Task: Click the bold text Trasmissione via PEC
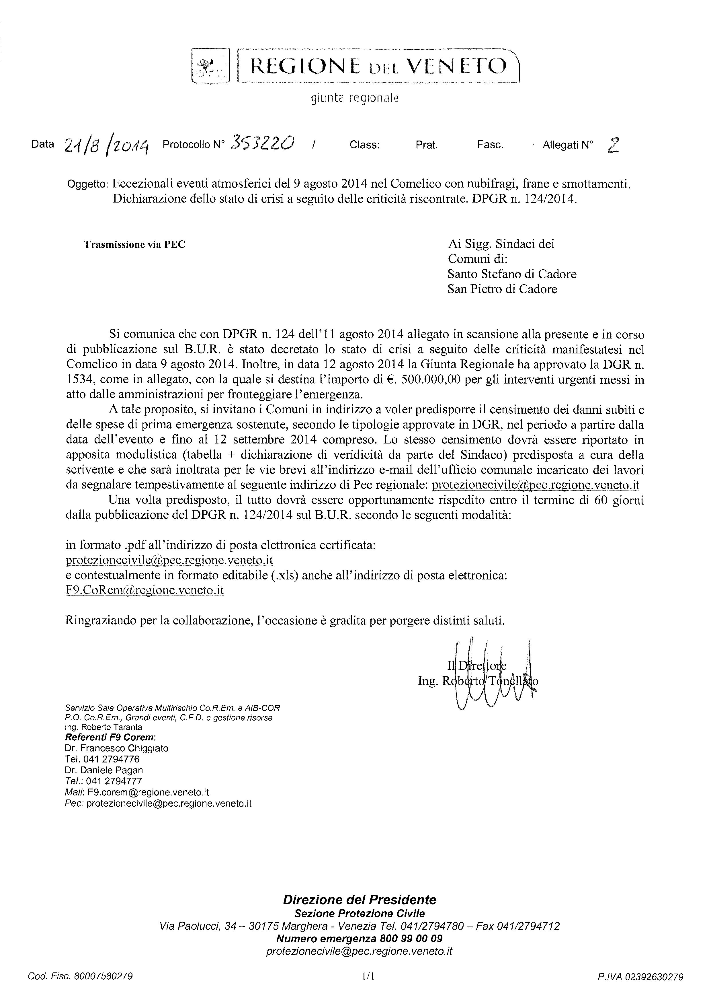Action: pos(134,244)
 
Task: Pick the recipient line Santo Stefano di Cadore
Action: pos(512,274)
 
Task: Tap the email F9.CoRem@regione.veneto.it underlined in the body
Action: pos(144,590)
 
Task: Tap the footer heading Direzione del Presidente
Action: pos(360,900)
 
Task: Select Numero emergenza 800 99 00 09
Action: pos(360,939)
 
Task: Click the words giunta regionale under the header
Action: pos(355,99)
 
